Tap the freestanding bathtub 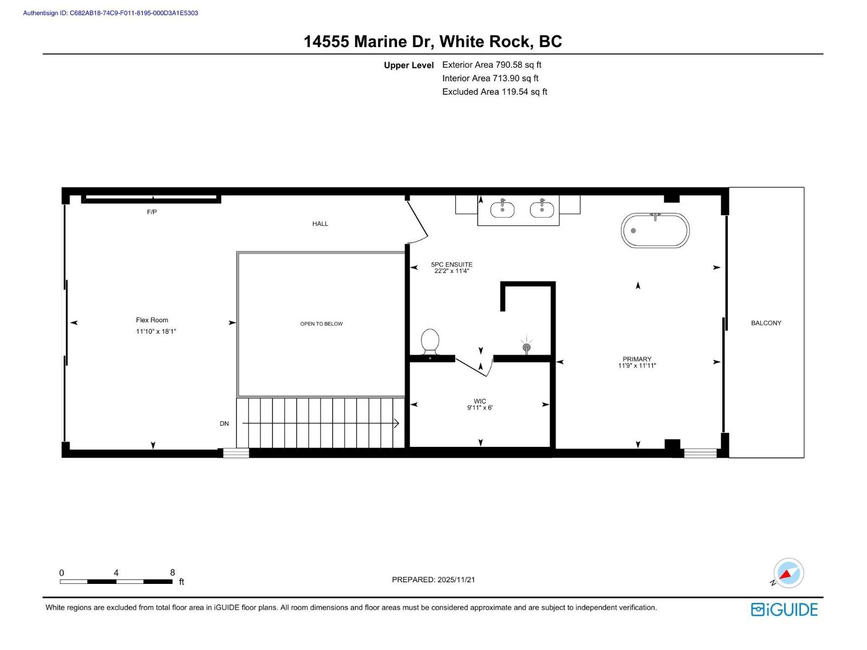655,231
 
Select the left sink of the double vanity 502,209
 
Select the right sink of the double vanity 542,209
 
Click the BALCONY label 766,323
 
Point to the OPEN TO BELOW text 321,324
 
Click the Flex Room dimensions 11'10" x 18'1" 156,331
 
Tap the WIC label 480,401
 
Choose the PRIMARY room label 637,359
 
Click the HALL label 320,224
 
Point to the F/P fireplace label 152,212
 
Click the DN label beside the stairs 224,424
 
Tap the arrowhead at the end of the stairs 397,424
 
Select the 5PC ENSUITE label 451,265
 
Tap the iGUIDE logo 784,609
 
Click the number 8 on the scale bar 172,573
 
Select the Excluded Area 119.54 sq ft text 494,92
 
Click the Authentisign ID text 111,13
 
